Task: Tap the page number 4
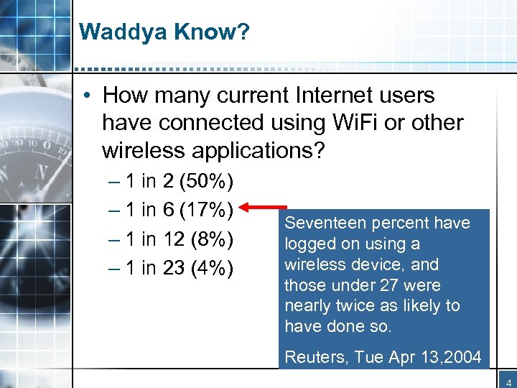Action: (x=507, y=380)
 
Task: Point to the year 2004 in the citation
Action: (x=460, y=357)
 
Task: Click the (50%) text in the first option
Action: (x=208, y=180)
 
